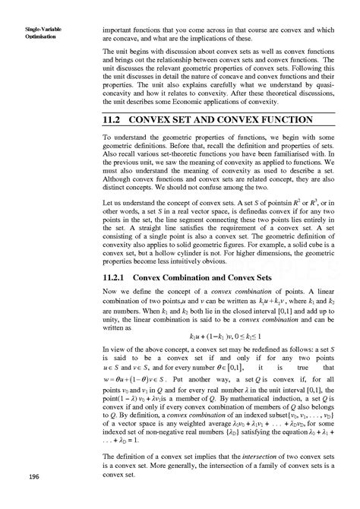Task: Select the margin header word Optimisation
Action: point(29,36)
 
